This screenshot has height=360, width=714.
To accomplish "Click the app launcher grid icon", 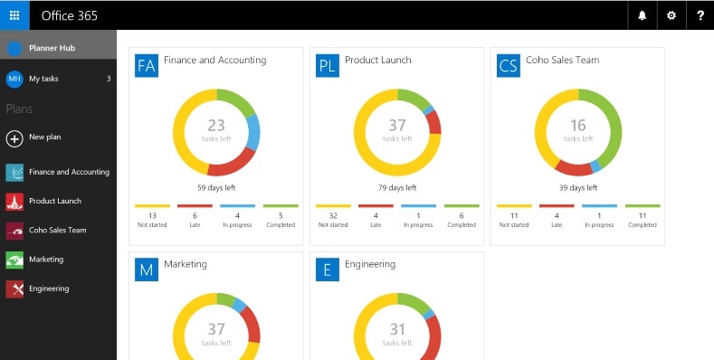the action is click(14, 15).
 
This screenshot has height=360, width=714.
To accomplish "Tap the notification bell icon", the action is click(642, 15).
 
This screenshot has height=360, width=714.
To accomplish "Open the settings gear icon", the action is click(671, 15).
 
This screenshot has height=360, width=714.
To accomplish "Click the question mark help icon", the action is click(700, 15).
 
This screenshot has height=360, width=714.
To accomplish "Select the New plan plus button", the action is click(14, 138).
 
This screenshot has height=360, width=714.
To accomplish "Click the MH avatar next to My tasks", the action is click(14, 80).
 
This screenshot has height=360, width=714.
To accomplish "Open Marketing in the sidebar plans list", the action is click(46, 260).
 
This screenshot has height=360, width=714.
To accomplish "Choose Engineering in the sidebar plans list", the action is click(49, 289).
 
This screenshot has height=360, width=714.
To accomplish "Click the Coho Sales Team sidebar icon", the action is click(14, 231).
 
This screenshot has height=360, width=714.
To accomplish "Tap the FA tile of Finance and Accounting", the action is click(147, 65).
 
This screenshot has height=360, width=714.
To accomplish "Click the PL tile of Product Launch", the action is click(328, 65).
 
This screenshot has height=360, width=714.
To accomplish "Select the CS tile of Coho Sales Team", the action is click(509, 65).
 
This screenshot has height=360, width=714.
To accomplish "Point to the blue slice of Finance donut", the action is click(253, 132).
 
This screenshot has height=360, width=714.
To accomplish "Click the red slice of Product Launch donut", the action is click(434, 122).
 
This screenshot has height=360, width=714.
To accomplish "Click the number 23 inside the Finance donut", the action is click(216, 125).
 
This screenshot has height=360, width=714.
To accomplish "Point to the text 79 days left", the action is click(397, 187).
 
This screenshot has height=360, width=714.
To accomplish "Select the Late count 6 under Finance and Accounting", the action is click(195, 215).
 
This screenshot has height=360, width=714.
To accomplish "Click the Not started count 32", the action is click(333, 215).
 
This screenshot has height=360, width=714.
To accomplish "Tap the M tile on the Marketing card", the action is click(147, 270).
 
